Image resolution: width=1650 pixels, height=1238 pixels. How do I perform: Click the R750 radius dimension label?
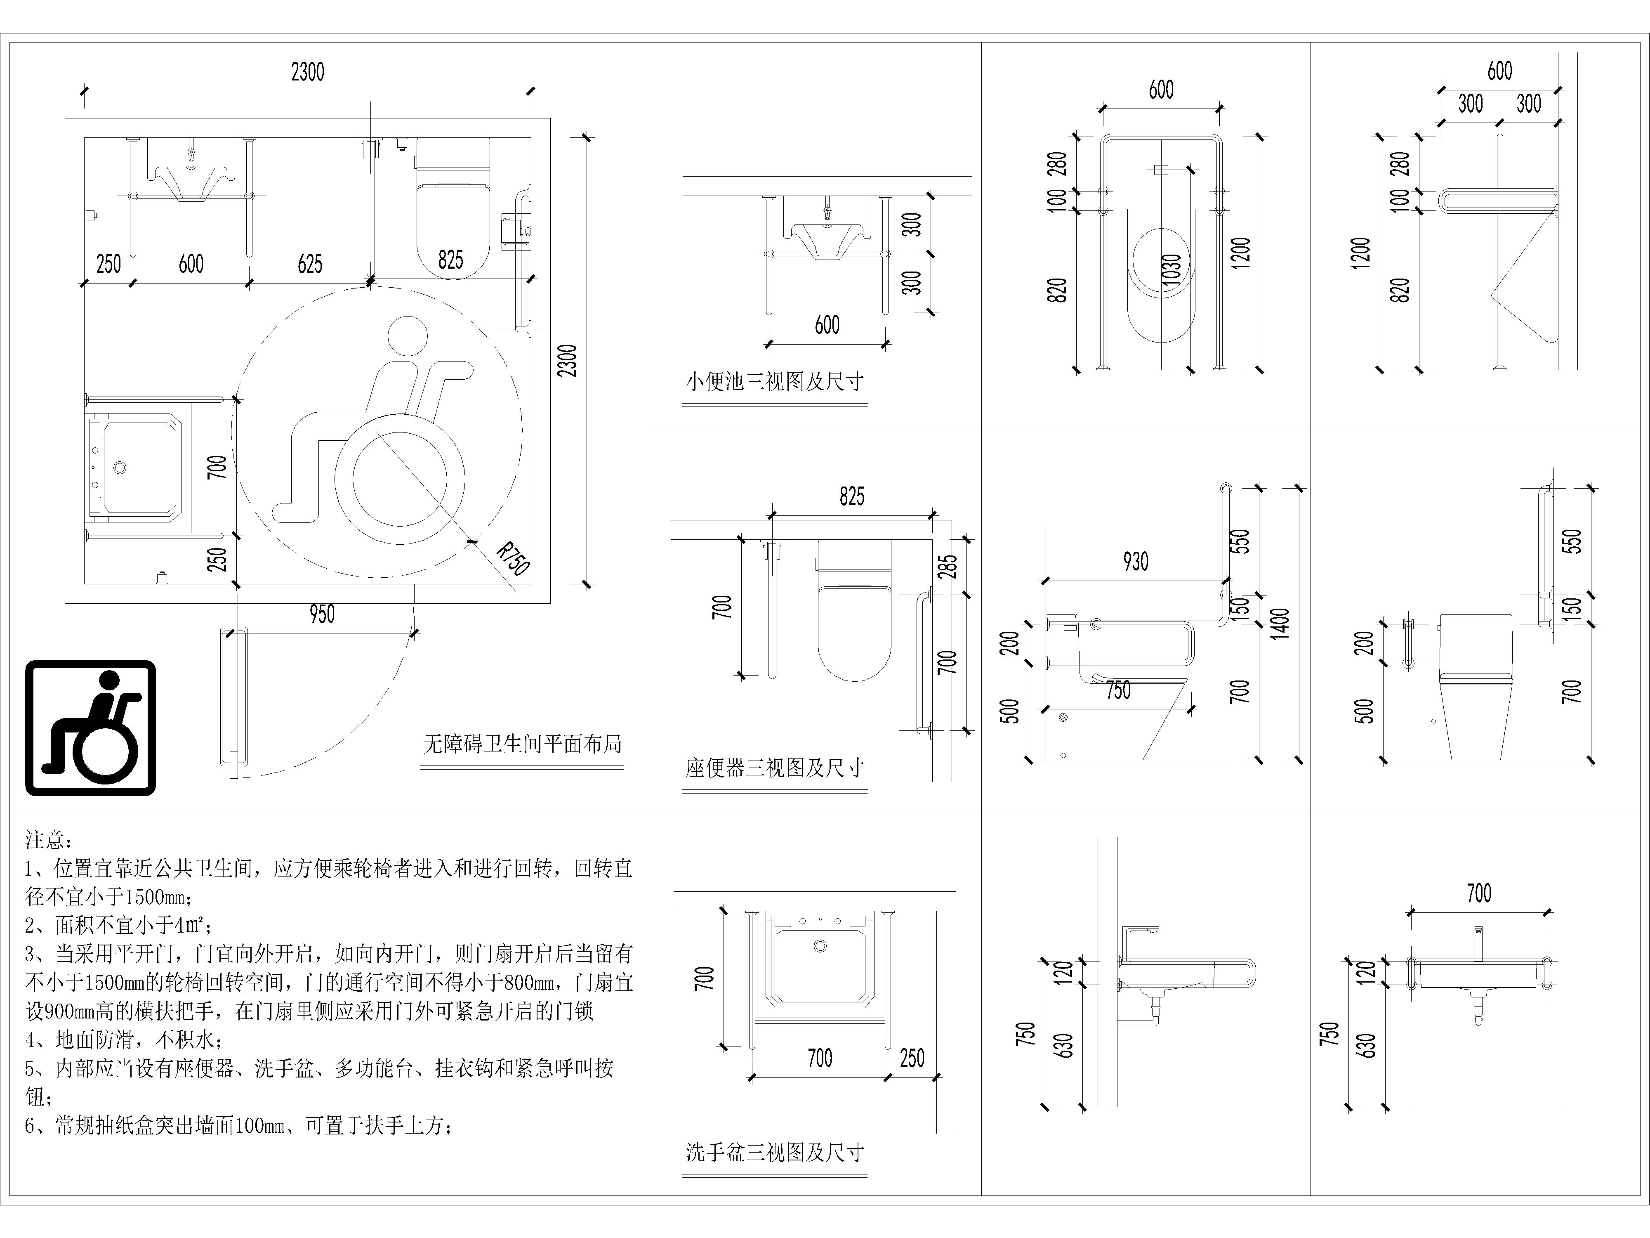click(x=513, y=560)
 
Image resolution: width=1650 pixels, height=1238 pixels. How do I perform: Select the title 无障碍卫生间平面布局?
click(x=522, y=744)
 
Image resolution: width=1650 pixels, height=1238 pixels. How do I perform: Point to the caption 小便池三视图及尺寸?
click(x=774, y=381)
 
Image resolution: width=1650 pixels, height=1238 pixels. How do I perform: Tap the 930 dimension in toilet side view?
click(x=1135, y=561)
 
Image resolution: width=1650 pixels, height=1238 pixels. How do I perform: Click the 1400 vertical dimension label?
click(x=1280, y=624)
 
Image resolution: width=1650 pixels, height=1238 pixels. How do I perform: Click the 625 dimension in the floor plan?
click(x=309, y=263)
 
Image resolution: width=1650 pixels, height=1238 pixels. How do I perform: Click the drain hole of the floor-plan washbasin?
click(x=120, y=468)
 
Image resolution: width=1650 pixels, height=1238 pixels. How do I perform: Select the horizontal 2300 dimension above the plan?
click(x=307, y=72)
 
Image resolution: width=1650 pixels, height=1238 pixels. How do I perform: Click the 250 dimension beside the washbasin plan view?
click(x=912, y=1057)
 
